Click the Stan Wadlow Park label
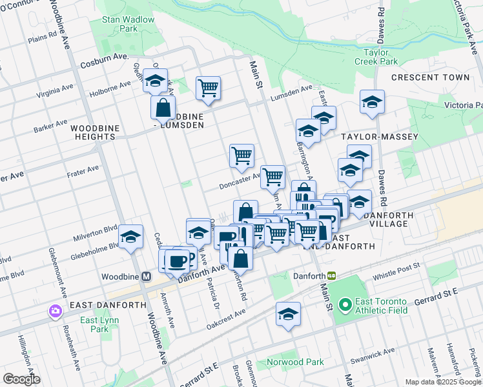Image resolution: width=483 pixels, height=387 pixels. click(128, 24)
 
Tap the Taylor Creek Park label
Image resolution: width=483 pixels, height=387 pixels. click(376, 57)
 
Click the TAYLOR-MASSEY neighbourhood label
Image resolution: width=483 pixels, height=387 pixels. click(380, 137)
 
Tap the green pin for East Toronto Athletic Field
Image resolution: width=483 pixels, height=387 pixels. click(345, 303)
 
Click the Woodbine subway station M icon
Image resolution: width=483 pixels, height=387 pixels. click(146, 276)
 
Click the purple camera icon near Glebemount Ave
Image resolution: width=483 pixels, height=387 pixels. click(54, 312)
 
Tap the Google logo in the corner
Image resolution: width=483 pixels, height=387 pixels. click(21, 379)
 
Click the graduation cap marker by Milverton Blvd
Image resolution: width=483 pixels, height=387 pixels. click(131, 237)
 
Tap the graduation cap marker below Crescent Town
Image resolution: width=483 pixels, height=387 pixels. click(371, 103)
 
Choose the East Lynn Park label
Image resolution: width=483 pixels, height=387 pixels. click(94, 324)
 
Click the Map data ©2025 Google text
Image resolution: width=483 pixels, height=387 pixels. click(442, 382)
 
